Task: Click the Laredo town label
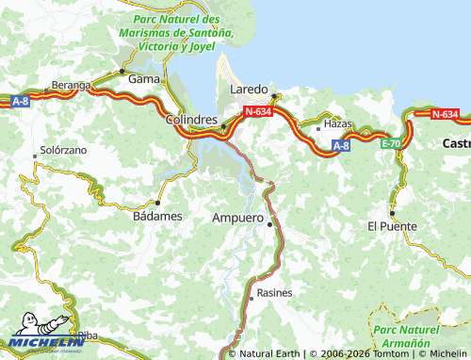click(x=250, y=89)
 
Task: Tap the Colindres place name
click(x=192, y=121)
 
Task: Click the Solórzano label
click(x=62, y=151)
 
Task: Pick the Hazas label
click(x=337, y=123)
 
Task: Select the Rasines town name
click(x=274, y=293)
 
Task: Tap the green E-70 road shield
click(x=391, y=143)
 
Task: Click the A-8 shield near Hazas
click(x=342, y=145)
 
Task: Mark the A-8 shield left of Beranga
click(x=21, y=101)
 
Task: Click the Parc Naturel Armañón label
click(x=407, y=337)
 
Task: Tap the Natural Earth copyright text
click(x=268, y=354)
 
